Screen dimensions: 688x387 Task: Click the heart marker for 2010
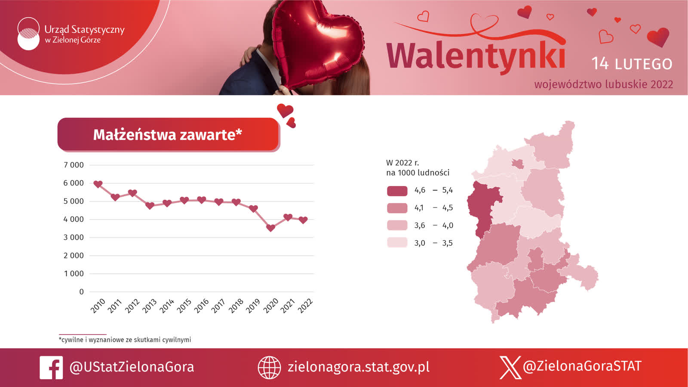point(98,184)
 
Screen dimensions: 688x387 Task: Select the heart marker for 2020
point(270,228)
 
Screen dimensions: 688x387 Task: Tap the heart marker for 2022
point(303,220)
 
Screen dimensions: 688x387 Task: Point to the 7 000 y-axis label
point(74,165)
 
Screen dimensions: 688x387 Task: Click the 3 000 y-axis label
point(74,237)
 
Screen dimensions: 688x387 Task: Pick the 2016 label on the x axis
point(202,306)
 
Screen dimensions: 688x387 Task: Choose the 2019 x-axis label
point(253,306)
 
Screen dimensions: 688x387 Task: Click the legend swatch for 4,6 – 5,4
point(397,191)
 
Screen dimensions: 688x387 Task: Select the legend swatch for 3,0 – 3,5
point(397,242)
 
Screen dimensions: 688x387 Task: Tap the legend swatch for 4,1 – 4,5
point(397,208)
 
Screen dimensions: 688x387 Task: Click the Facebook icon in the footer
point(51,368)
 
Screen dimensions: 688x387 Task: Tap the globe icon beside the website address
point(269,368)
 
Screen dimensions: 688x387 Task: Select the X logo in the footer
point(510,367)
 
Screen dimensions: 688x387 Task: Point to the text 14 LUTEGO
point(632,64)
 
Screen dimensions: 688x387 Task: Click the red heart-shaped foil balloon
point(318,43)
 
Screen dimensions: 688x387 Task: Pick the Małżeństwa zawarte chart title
point(168,135)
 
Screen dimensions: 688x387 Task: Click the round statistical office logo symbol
point(28,34)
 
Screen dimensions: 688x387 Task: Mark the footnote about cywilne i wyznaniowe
point(125,340)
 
